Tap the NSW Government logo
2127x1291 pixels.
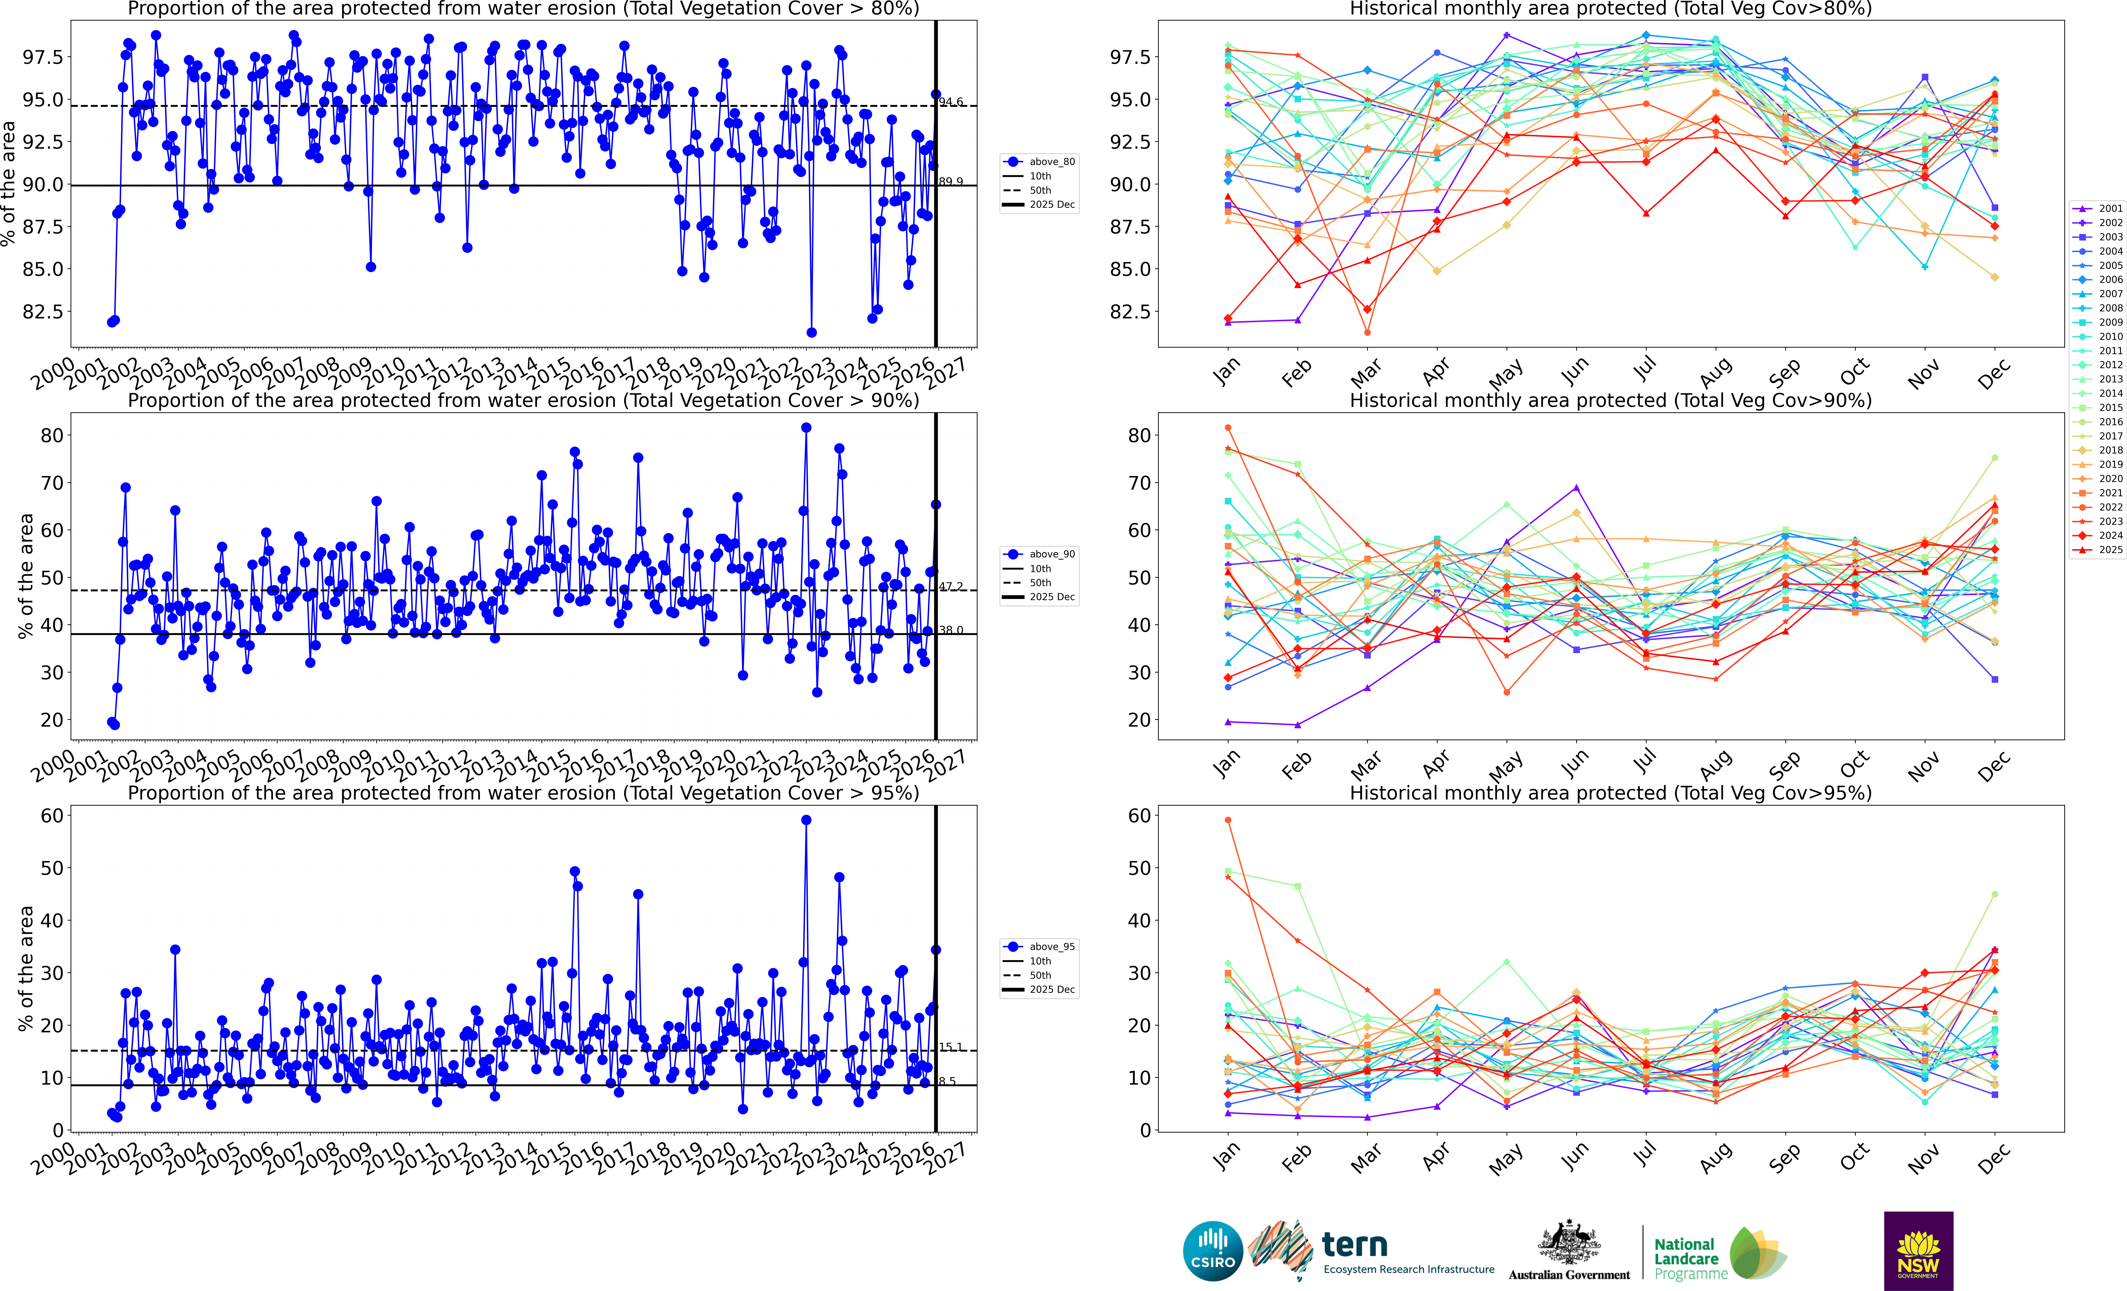point(1918,1250)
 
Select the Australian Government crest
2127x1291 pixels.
point(1569,1243)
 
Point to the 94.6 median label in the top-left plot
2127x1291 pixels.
point(951,102)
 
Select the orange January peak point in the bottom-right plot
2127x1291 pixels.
point(1228,820)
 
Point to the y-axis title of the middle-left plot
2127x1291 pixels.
point(26,576)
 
